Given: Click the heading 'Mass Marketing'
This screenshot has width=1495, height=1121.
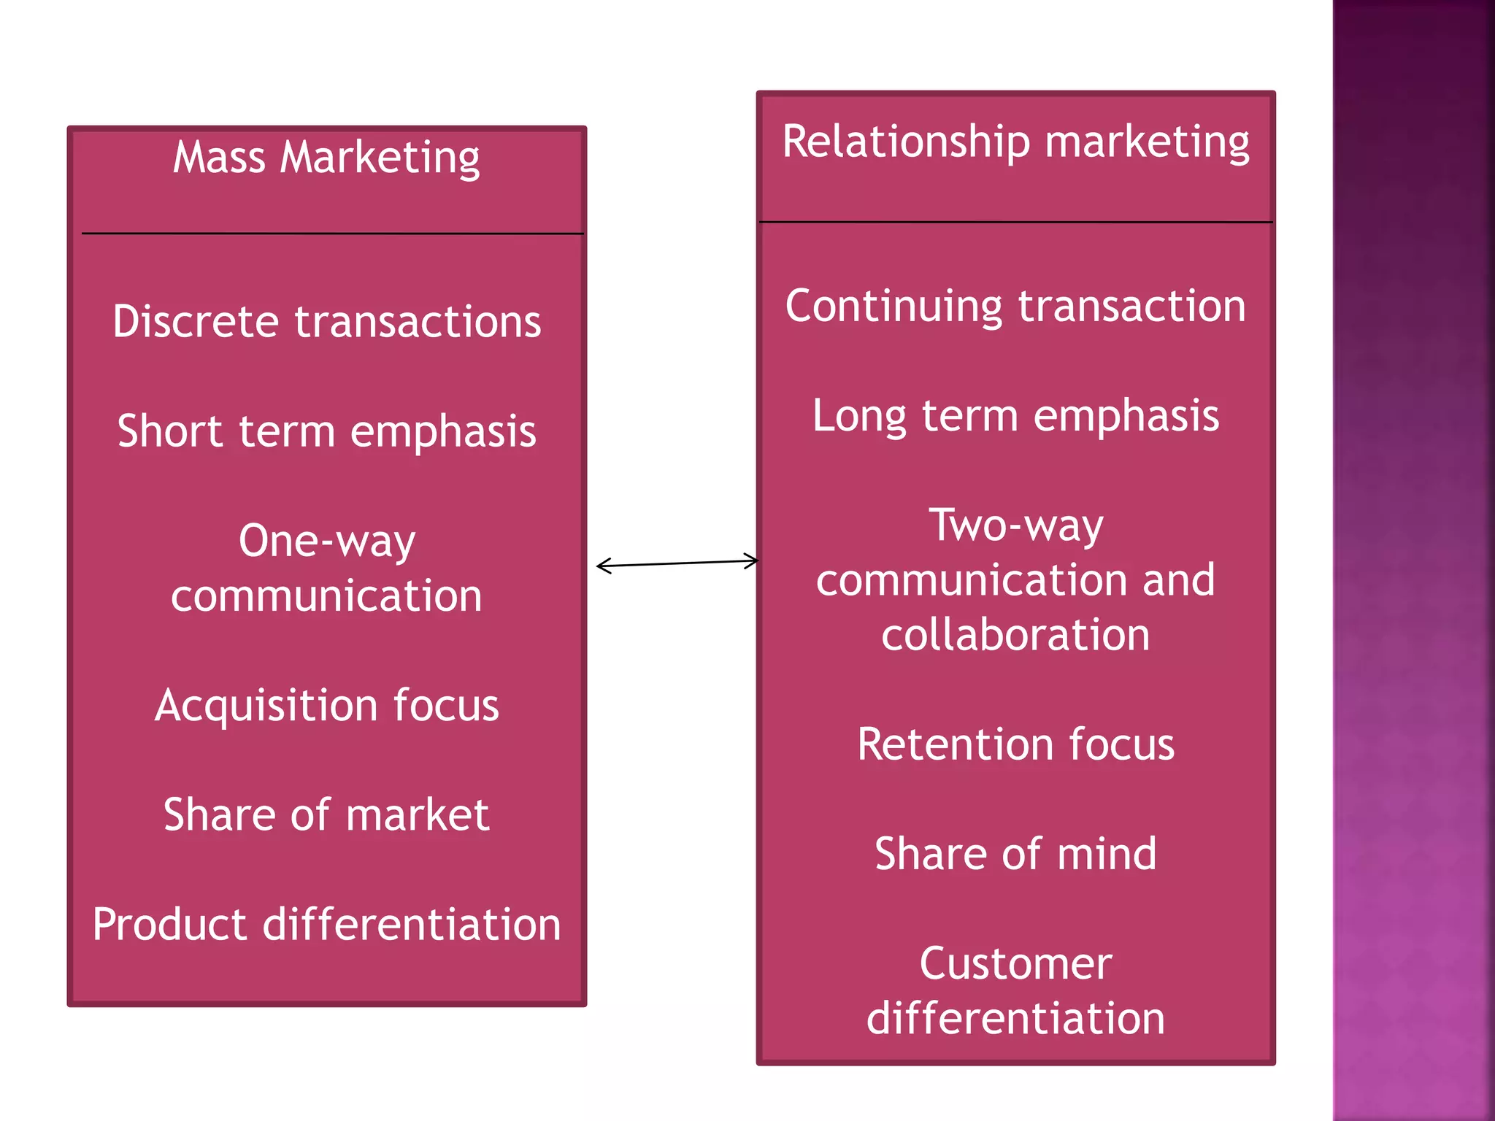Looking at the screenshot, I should tap(326, 158).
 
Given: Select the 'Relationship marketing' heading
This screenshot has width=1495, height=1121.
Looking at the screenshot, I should tap(1015, 142).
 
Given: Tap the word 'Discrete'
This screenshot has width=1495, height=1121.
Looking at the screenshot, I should tap(196, 322).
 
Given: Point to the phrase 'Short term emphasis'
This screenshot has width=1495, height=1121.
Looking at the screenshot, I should tap(326, 431).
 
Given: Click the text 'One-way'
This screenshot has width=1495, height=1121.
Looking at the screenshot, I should tap(326, 542).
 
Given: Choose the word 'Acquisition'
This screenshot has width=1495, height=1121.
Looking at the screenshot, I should tap(266, 706).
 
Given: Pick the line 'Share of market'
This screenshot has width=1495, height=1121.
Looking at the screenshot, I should tap(326, 815).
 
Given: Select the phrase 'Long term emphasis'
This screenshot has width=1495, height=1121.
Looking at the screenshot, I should tap(1015, 416).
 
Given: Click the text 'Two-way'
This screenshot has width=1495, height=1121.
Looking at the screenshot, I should tap(1015, 525).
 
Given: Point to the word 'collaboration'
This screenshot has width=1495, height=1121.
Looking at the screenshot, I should tap(1015, 635).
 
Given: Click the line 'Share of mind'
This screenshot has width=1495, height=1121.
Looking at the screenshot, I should tap(1015, 854).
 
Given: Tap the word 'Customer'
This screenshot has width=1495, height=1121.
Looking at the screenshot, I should tap(1015, 964).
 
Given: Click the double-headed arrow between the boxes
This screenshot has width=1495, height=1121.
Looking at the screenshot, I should tap(677, 563).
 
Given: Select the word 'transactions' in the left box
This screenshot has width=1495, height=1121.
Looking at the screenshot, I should tap(418, 322).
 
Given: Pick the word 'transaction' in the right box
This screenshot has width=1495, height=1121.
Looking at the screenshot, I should tap(1131, 306).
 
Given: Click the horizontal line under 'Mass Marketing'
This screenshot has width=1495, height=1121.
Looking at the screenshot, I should tap(332, 234).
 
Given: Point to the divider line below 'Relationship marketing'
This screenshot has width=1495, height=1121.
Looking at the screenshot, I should tap(1015, 222).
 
